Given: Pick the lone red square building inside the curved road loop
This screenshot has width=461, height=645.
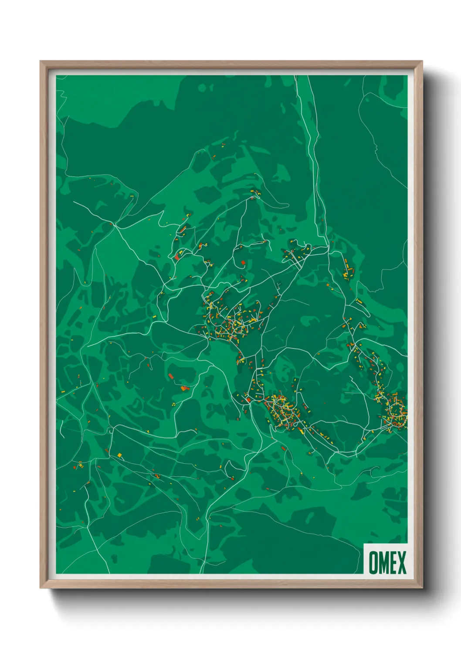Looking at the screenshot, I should tap(243, 262).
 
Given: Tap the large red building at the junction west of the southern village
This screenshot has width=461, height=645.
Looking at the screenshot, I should tap(248, 399).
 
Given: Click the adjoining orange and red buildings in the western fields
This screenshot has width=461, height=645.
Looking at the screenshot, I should tap(184, 387).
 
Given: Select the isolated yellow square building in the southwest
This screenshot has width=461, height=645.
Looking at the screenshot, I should tap(119, 455).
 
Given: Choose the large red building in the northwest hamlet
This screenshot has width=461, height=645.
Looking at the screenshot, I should tap(177, 257).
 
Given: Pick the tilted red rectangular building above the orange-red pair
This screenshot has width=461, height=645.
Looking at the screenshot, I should tap(171, 376).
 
